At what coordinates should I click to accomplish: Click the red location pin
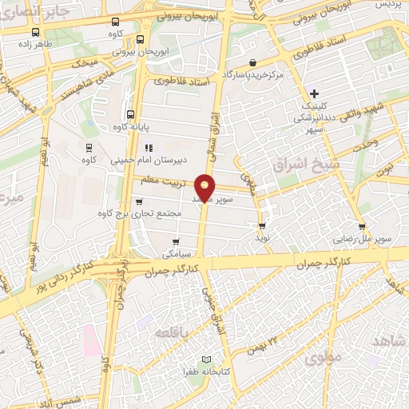205,187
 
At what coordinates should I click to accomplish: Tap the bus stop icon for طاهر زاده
35,33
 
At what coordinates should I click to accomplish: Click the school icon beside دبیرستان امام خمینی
148,148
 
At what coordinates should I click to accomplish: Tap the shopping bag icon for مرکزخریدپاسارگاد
253,62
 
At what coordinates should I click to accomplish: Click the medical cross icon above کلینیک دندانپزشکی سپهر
315,93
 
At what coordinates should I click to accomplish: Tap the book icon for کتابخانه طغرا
208,360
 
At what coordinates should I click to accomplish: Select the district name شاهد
387,341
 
